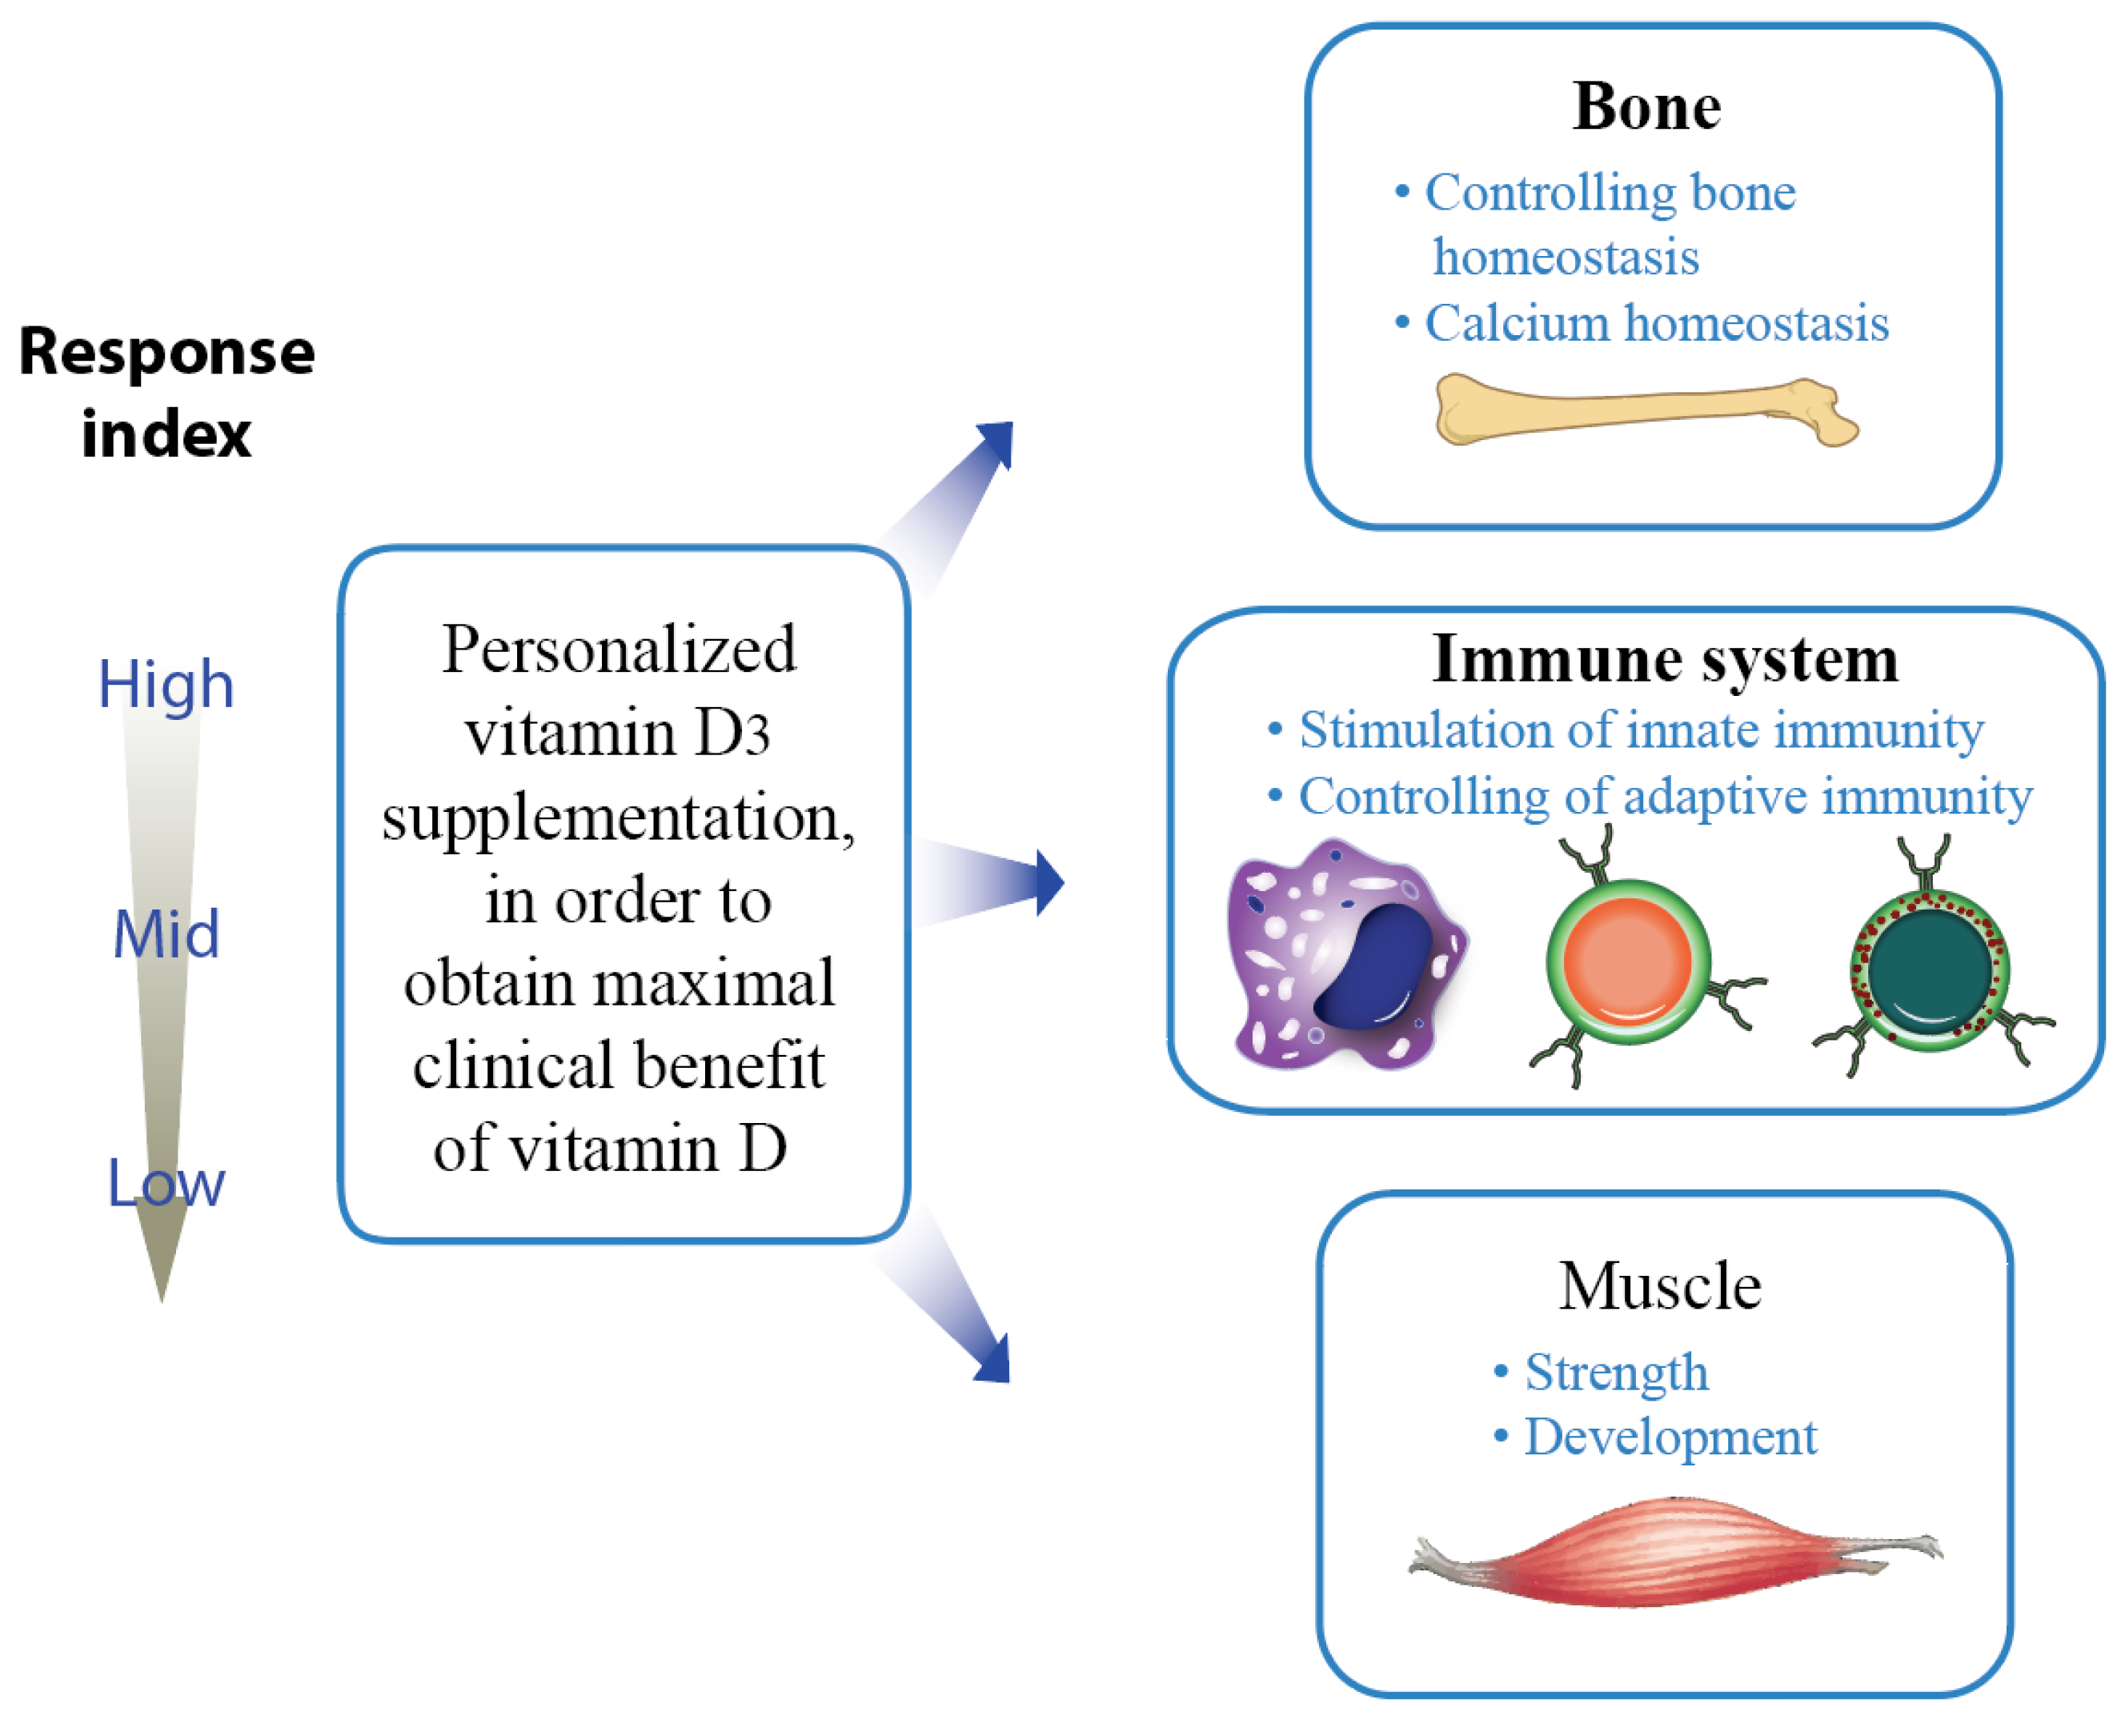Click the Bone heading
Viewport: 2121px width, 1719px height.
tap(1646, 107)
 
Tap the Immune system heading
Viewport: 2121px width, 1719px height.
tap(1664, 659)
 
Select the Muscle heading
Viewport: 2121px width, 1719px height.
tap(1660, 1286)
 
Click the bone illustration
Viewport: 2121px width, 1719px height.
tap(1645, 409)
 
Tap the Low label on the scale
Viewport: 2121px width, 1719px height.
tap(166, 1182)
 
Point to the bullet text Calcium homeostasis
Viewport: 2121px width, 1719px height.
tap(1657, 324)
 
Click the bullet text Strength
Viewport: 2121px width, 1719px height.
tap(1616, 1373)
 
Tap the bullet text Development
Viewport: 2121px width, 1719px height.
tap(1670, 1437)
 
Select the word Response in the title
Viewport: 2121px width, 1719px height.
tap(166, 353)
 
